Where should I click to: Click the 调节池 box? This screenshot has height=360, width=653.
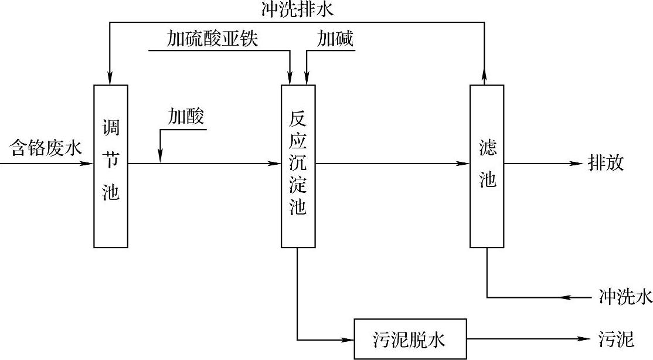pos(111,165)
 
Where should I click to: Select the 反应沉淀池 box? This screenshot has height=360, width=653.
pos(298,165)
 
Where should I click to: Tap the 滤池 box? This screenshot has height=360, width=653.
pos(487,165)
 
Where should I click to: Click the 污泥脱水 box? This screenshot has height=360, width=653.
pos(410,339)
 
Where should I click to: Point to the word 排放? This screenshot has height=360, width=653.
pos(606,164)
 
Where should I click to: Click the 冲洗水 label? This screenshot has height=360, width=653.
pos(625,297)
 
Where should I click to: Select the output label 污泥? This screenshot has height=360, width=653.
pos(616,339)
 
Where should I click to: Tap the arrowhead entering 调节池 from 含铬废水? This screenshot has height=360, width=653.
pos(89,164)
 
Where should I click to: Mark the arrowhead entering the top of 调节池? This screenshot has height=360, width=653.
pos(110,79)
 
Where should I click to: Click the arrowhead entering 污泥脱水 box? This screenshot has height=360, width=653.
pos(348,339)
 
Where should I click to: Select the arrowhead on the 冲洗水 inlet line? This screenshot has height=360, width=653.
pos(567,297)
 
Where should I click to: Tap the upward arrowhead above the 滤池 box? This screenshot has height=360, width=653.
pos(485,73)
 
